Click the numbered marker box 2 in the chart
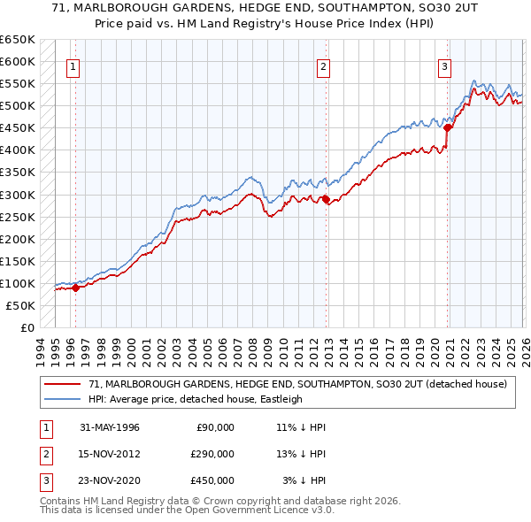pos(324,65)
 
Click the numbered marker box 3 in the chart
pos(444,65)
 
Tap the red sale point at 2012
pos(327,199)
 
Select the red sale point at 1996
pos(75,287)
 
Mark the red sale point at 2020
pos(448,127)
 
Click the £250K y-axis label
pos(18,217)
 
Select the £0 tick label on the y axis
pos(27,327)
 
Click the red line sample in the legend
pos(63,384)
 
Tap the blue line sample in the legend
pos(63,399)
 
